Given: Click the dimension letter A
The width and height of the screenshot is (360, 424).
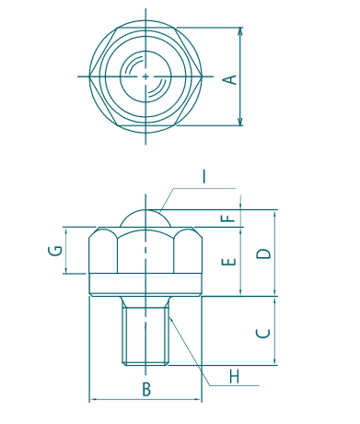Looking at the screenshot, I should [x=231, y=78].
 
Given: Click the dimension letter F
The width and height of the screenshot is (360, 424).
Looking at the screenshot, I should [x=229, y=219].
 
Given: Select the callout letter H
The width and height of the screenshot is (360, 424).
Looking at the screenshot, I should [x=234, y=376].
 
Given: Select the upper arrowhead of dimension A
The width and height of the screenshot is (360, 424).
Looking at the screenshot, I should [x=241, y=30].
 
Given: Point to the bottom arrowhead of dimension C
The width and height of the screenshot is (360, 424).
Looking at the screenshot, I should [x=275, y=364].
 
